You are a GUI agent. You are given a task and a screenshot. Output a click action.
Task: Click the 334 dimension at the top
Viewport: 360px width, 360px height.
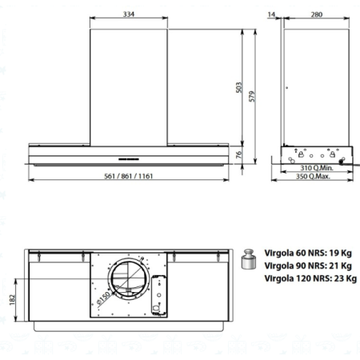[x=129, y=13]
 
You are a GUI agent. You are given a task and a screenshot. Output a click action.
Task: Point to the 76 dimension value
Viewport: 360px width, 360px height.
[x=238, y=155]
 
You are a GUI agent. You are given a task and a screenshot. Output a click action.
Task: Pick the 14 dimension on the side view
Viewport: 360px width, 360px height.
[x=272, y=13]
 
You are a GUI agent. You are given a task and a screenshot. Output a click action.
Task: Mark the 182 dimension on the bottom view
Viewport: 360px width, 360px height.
[x=12, y=298]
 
